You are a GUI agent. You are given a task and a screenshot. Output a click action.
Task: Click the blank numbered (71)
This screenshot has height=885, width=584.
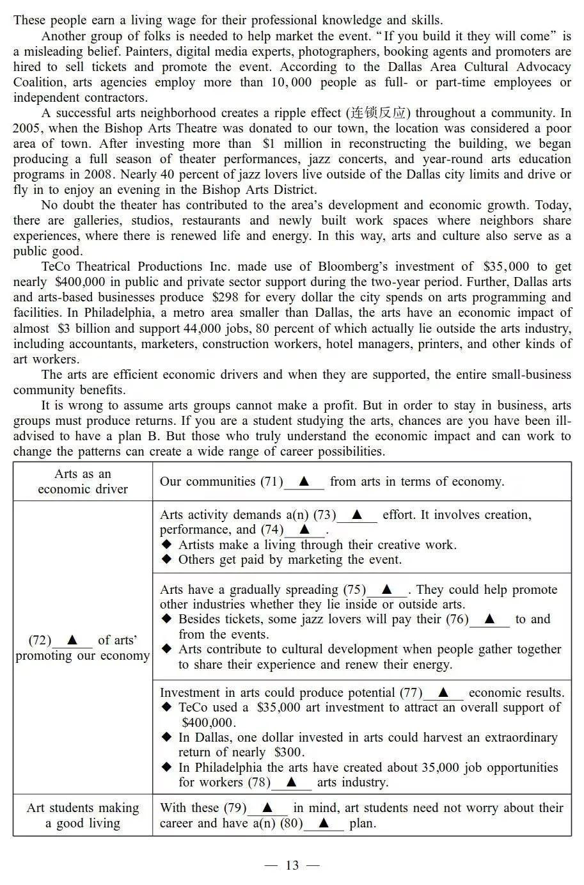304,482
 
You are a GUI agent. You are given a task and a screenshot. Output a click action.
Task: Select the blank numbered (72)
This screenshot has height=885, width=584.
72,641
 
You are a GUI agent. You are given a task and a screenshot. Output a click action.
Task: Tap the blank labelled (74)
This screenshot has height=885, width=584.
304,530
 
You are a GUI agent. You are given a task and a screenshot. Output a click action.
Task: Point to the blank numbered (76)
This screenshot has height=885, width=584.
489,619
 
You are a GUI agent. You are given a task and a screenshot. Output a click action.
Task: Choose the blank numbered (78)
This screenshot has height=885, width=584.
291,783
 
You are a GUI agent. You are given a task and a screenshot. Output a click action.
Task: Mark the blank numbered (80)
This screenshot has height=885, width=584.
324,824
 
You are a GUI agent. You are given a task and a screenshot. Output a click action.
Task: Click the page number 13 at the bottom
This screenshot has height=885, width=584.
292,866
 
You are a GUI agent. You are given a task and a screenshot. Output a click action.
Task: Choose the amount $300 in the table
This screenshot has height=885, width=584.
288,753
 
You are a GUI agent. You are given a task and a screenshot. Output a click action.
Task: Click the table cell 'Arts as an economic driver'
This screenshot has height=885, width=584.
83,482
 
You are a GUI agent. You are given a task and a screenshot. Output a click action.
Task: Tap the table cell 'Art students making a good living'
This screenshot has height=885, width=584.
83,816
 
